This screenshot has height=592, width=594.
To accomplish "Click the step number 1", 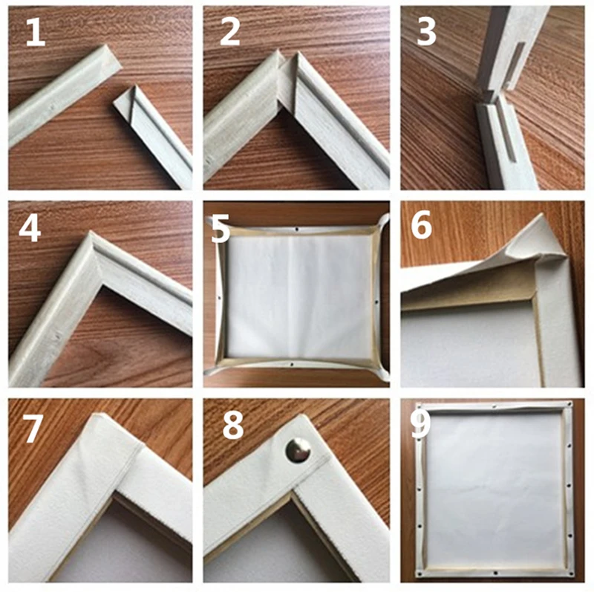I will pos(36,32).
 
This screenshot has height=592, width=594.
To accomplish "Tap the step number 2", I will pos(230,32).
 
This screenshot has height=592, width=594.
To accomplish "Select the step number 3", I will pos(425,32).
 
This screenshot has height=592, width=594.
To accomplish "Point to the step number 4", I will pos(30,228).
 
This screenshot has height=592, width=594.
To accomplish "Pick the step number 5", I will pos(221,228).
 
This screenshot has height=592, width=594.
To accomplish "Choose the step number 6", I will pos(421,227).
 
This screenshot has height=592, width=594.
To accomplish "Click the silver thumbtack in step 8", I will pos(298,450).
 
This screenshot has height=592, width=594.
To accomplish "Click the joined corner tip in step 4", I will pos(91,235).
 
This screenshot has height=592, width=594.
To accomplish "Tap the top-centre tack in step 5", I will pos(296,229).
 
